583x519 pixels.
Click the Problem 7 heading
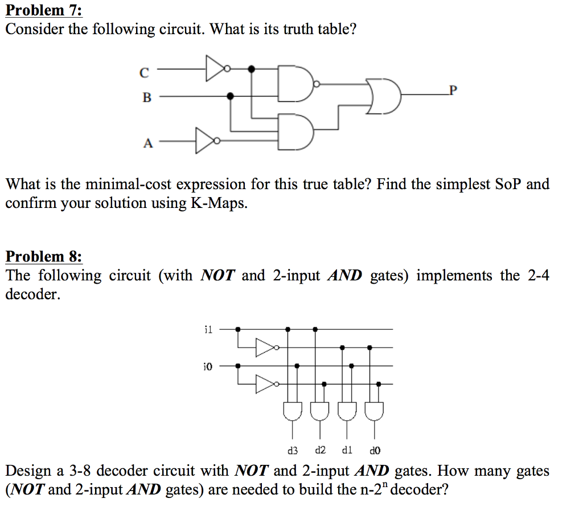coord(43,10)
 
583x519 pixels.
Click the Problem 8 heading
coord(43,256)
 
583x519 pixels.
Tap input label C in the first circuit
coord(144,72)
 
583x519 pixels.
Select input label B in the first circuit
coord(147,97)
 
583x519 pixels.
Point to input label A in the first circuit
coord(148,143)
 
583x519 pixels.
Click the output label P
coord(453,90)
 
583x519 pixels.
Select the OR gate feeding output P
coord(383,96)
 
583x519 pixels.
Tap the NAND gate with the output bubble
coord(298,84)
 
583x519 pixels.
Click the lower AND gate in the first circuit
coord(296,132)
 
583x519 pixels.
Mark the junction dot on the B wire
coord(231,96)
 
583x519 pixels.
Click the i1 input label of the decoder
coord(208,330)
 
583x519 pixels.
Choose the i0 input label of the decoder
coord(208,367)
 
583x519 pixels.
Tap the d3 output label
coord(293,451)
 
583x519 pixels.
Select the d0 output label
coord(375,451)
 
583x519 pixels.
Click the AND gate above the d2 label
coord(320,411)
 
